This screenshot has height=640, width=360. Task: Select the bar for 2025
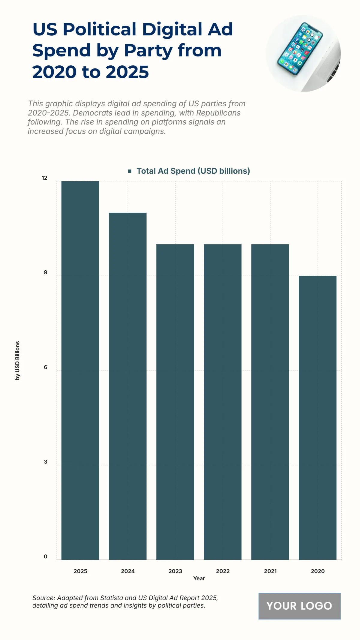(80, 370)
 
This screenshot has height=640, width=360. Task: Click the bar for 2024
(127, 386)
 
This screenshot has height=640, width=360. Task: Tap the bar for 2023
(175, 402)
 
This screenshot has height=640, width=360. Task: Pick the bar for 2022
(223, 402)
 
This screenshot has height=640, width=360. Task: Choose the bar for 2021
(270, 402)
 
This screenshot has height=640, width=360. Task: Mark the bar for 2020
(317, 418)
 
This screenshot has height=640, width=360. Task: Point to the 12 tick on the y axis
(44, 178)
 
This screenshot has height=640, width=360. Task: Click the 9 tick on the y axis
(46, 272)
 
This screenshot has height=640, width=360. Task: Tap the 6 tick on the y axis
(46, 367)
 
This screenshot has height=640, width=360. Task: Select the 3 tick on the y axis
(46, 462)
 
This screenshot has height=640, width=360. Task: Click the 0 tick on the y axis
(46, 557)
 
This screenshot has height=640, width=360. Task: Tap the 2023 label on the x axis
(175, 571)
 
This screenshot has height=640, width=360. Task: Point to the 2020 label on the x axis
(317, 571)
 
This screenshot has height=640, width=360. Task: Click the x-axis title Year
(199, 578)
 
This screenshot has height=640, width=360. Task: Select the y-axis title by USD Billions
(18, 360)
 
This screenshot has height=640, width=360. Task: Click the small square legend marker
(130, 171)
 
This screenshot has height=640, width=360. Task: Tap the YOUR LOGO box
(299, 606)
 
